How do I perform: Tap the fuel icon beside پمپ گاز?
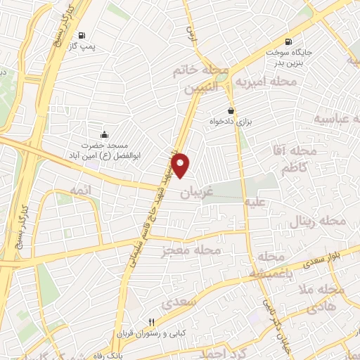point(82,35)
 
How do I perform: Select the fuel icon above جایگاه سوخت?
point(289,41)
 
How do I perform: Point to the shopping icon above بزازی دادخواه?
point(231,110)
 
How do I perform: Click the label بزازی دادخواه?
point(231,122)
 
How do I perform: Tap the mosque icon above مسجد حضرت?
point(104,135)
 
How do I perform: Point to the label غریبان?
point(196,191)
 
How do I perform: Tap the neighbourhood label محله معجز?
point(192,250)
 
